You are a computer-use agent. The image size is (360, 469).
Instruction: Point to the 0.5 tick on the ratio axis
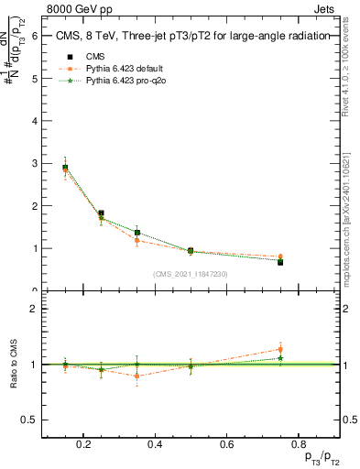click(x=30, y=420)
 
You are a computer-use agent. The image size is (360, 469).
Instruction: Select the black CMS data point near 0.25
click(x=101, y=213)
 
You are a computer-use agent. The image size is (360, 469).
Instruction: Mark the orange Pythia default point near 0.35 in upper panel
click(x=136, y=240)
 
